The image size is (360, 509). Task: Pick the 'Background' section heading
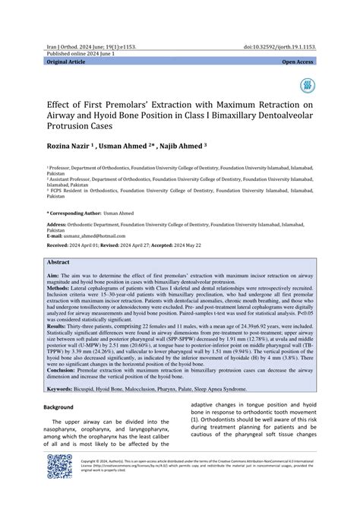62,407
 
